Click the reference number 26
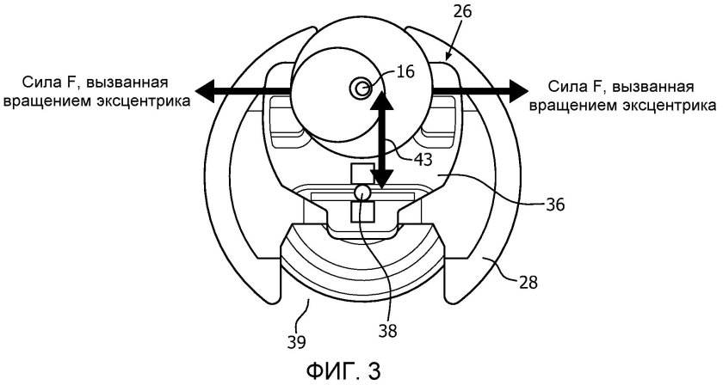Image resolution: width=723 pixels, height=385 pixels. [x=462, y=10]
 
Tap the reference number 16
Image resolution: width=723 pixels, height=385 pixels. [x=405, y=72]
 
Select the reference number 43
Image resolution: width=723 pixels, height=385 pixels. [x=423, y=159]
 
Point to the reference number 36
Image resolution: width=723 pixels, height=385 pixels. [x=554, y=204]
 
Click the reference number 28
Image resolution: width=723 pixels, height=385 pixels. [x=528, y=282]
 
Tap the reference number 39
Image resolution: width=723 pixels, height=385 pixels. [x=295, y=342]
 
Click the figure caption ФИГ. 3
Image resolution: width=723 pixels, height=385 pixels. [x=343, y=370]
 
